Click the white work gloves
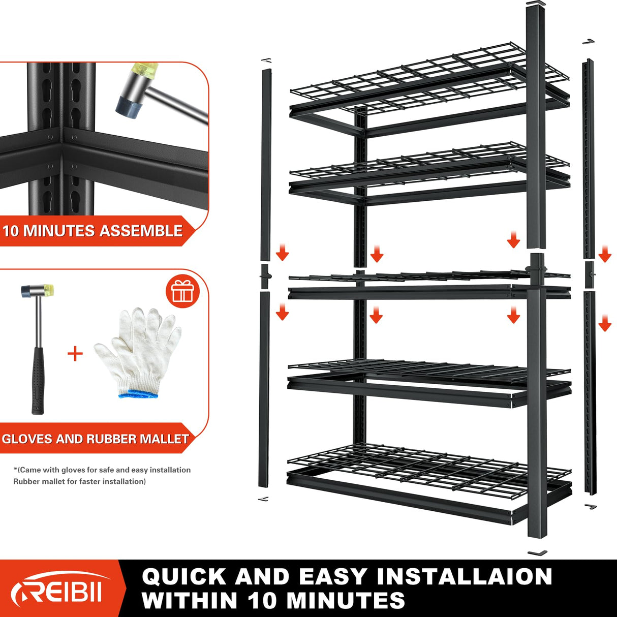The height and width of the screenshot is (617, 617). pos(137,351)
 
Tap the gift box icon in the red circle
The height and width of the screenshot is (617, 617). pos(182,292)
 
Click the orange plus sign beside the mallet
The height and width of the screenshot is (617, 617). pos(75,353)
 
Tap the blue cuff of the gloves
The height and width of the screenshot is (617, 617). pos(138,393)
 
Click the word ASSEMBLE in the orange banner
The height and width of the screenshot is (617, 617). pos(141,231)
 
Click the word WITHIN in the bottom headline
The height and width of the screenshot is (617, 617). pos(191,601)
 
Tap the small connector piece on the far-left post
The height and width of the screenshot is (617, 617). pos(265,275)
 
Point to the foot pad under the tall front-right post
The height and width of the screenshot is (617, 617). pos(537,552)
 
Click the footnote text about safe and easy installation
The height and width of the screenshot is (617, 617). pos(102,470)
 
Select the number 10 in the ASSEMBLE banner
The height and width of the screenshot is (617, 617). pos(11,231)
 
